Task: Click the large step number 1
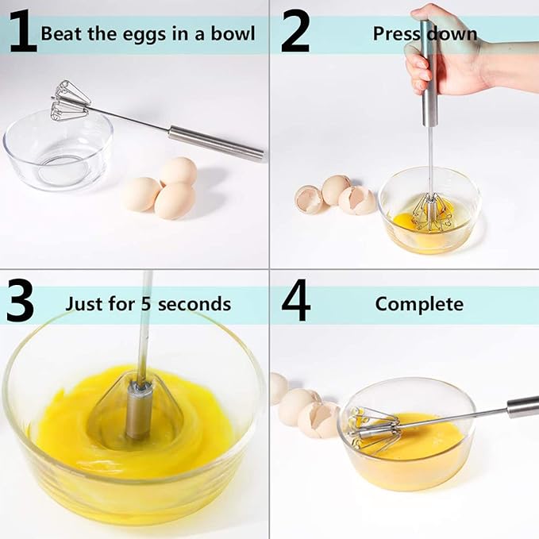tap(23, 33)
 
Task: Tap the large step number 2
tap(295, 33)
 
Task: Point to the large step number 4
tap(295, 302)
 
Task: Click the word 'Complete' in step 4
tap(418, 304)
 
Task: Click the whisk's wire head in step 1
tap(71, 101)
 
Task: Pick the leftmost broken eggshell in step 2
tap(309, 199)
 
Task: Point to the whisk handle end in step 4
tap(523, 406)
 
